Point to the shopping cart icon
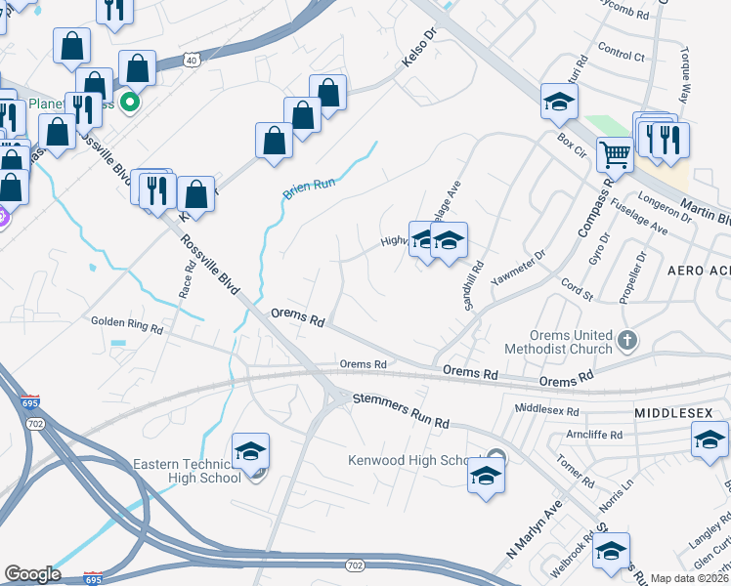615,153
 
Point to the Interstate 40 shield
192,61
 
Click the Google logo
32,574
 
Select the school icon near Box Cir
560,102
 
